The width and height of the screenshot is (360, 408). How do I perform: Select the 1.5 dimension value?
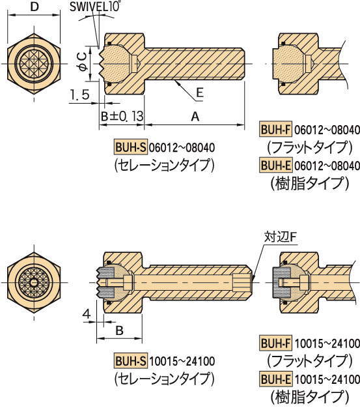tap(77, 95)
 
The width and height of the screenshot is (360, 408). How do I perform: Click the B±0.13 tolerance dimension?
tap(121, 116)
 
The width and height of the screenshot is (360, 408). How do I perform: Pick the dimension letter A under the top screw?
tap(194, 116)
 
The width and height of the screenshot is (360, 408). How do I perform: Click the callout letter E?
tap(200, 93)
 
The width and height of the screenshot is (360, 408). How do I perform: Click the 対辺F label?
tap(279, 235)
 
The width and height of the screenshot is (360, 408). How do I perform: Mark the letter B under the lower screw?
tap(119, 330)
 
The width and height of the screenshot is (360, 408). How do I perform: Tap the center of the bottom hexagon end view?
tap(33, 282)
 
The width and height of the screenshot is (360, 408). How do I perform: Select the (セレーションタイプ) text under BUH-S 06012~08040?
tap(164, 164)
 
